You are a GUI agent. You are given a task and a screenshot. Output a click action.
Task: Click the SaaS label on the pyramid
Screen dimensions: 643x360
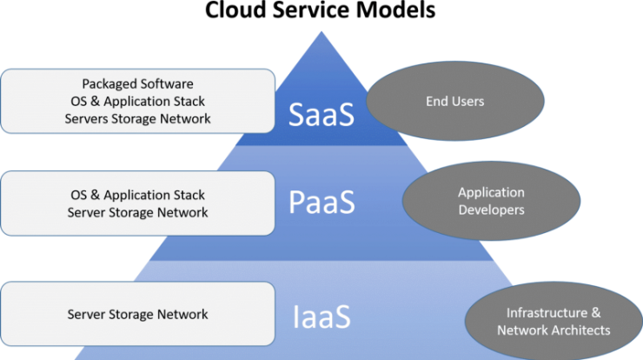click(321, 114)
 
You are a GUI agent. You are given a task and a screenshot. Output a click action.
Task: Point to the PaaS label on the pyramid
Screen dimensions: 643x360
click(321, 202)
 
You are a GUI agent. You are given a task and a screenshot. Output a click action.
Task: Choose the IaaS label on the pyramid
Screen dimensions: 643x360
click(321, 317)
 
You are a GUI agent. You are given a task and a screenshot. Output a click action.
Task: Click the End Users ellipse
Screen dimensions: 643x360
click(455, 101)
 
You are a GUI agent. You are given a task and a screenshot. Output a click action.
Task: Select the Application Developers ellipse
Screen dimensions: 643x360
click(491, 201)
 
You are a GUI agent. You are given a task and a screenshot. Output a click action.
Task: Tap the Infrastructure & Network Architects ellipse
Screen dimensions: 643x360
click(554, 321)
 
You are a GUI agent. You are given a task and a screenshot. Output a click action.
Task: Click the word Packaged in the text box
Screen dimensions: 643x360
click(109, 84)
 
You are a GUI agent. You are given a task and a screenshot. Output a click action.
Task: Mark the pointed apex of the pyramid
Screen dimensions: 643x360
click(321, 31)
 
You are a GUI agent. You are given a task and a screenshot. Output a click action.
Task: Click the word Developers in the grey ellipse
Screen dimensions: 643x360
click(491, 210)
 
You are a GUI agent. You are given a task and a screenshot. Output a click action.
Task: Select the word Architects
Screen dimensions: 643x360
click(580, 330)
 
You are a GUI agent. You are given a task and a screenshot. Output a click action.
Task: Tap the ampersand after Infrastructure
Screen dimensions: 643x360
click(596, 313)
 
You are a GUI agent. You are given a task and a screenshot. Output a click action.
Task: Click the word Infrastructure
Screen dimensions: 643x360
click(547, 313)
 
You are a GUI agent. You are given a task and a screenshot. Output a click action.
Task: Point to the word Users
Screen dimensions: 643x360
click(467, 102)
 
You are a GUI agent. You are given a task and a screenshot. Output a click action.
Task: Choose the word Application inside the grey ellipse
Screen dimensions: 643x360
click(491, 192)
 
